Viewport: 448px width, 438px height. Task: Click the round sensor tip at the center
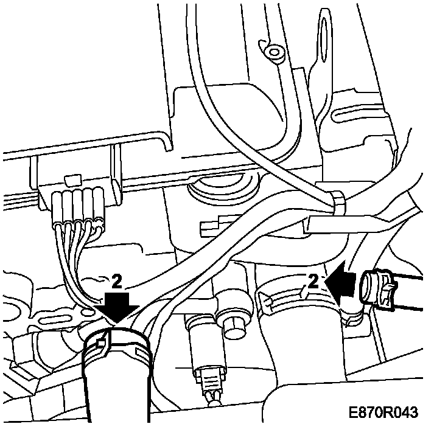click(231, 327)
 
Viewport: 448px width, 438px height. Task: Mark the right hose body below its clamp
click(307, 359)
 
